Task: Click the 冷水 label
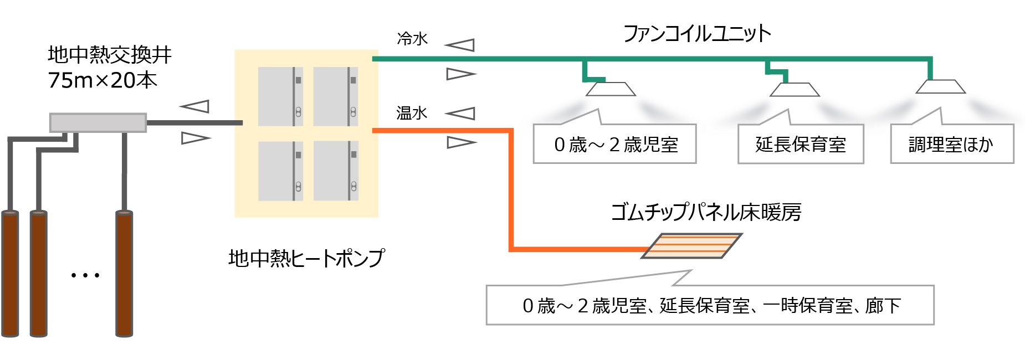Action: (412, 39)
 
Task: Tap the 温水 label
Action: (412, 113)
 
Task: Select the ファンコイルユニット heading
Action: (697, 34)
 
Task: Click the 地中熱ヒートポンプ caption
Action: (306, 258)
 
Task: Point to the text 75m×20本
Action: (102, 80)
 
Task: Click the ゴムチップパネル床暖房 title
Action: (706, 212)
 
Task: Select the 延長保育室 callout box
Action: (801, 145)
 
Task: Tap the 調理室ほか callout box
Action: (952, 145)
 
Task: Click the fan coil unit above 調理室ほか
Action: (940, 86)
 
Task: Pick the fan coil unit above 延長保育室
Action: (795, 89)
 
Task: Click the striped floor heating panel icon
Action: (692, 245)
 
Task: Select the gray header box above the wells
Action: (98, 122)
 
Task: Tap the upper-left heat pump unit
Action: (280, 96)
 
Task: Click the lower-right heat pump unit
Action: (336, 171)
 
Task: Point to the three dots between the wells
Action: (85, 275)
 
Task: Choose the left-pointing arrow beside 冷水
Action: (460, 45)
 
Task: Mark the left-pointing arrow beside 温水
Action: (460, 114)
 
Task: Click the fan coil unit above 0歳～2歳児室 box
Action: (611, 89)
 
